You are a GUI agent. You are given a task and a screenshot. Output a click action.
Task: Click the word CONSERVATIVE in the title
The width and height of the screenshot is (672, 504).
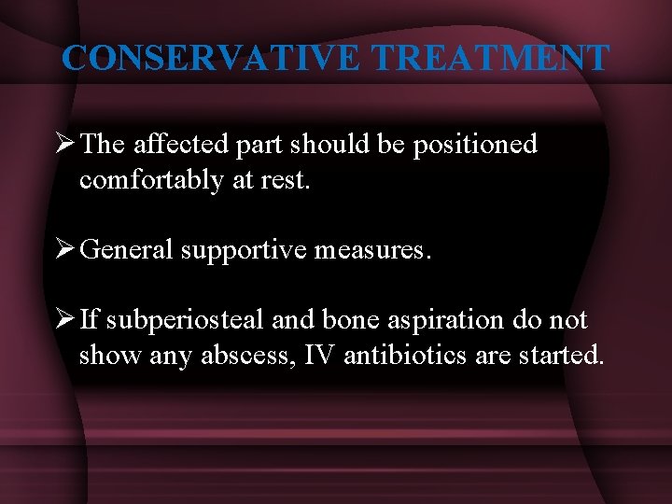pos(211,58)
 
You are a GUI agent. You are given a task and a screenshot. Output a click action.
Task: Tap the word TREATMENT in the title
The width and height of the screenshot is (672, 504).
pos(489,58)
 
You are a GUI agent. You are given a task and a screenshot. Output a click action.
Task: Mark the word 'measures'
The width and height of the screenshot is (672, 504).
pos(384,249)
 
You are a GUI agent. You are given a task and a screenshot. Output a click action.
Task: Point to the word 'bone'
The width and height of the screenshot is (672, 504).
pos(350,320)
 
